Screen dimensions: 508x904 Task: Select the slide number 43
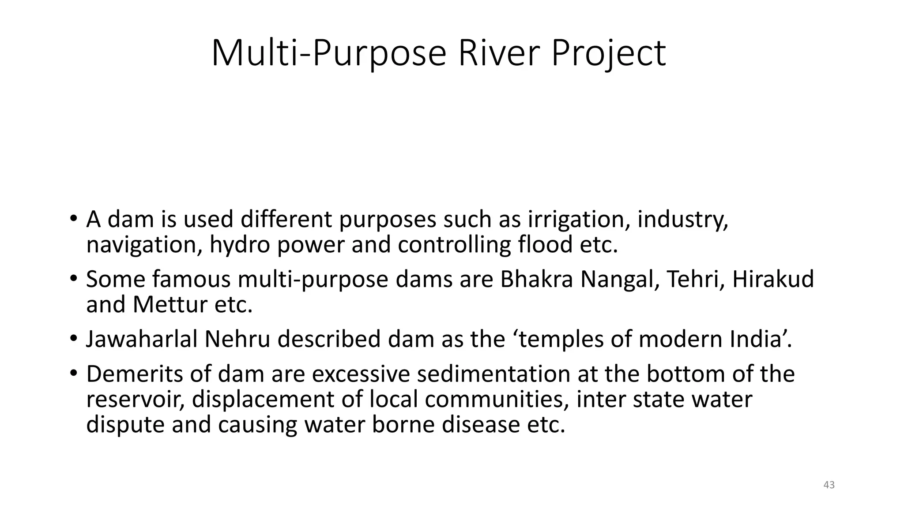coord(829,485)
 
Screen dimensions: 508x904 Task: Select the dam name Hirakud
coord(773,279)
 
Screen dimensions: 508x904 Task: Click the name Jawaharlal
coord(142,339)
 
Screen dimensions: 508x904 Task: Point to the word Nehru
coord(237,339)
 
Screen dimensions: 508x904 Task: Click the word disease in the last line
coord(481,425)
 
